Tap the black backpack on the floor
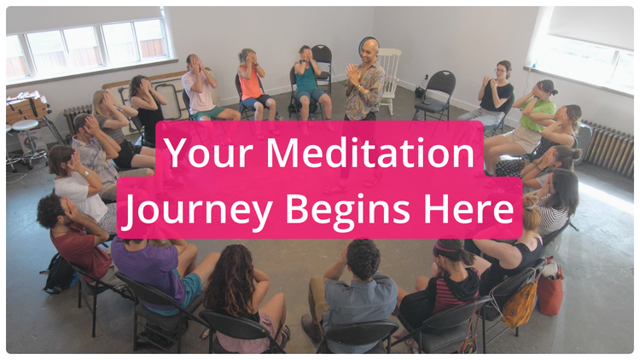pos(58,273)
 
